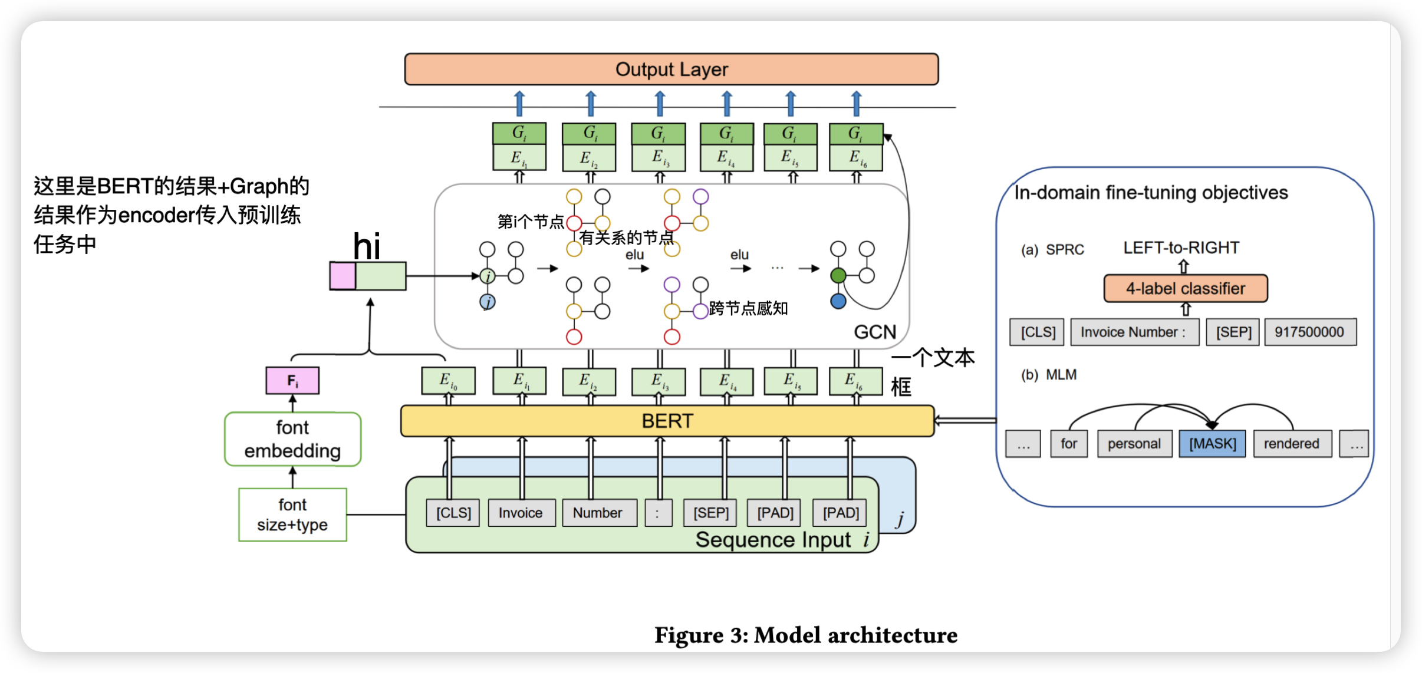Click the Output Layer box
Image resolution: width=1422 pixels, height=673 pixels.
coord(671,70)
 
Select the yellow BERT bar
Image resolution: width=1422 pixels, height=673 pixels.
coord(667,421)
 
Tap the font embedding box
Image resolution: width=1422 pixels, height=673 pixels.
coord(292,439)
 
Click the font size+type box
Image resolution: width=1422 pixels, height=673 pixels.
coord(292,514)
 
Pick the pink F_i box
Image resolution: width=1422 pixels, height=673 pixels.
coord(292,381)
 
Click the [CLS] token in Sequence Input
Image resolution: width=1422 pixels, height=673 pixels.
coord(453,513)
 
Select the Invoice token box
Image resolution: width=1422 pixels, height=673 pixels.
coord(521,513)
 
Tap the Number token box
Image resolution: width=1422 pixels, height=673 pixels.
coord(598,513)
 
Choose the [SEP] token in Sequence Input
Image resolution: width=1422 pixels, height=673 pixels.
coord(711,513)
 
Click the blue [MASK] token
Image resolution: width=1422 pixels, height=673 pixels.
coord(1212,444)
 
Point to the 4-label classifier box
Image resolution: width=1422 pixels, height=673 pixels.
coord(1185,289)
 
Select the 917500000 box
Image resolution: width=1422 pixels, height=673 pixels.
coord(1309,332)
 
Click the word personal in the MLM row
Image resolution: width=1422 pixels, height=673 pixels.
coord(1134,444)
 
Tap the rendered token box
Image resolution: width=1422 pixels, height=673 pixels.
coord(1291,444)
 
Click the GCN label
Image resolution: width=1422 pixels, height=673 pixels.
coord(875,332)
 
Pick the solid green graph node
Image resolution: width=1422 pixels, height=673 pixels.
coord(838,275)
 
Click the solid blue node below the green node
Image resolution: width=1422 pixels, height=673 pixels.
coord(838,302)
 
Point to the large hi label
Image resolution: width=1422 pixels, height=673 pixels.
coord(366,246)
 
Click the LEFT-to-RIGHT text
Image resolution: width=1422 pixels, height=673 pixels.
coord(1181,248)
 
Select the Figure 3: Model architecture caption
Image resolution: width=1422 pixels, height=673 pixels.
coord(806,635)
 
